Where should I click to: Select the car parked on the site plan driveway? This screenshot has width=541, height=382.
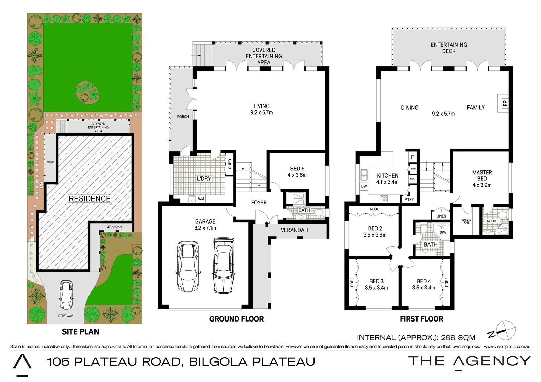66,295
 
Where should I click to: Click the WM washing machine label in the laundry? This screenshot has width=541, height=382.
201,199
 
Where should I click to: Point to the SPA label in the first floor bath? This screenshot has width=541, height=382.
443,232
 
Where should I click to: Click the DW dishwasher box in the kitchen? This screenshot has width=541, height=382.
364,186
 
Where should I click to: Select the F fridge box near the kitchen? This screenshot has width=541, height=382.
413,157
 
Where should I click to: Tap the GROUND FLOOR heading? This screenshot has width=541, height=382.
236,319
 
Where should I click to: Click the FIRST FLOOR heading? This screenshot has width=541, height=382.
421,319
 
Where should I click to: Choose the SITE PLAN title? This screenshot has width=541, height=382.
80,332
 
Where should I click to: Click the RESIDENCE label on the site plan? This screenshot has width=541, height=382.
90,199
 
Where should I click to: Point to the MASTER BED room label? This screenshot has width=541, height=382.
482,175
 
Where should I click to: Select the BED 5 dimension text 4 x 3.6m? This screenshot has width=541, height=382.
297,175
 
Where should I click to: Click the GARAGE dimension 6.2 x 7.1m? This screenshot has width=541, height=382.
205,228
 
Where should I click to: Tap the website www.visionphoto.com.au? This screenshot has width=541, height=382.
507,347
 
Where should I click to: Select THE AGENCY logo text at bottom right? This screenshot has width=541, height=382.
469,361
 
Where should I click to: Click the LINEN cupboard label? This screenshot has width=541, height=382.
441,216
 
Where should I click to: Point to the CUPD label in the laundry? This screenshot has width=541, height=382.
230,164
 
